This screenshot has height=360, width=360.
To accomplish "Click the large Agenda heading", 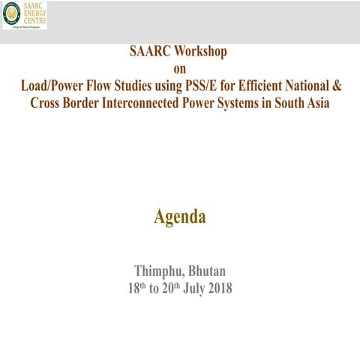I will [x=179, y=217].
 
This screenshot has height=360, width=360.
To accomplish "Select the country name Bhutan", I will [x=207, y=271].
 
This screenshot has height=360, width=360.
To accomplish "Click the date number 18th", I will [x=136, y=287].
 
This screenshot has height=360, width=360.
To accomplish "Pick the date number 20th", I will [x=173, y=287].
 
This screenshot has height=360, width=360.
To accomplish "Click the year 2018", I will [x=218, y=287].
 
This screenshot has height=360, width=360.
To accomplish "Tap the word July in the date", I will [x=193, y=287].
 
